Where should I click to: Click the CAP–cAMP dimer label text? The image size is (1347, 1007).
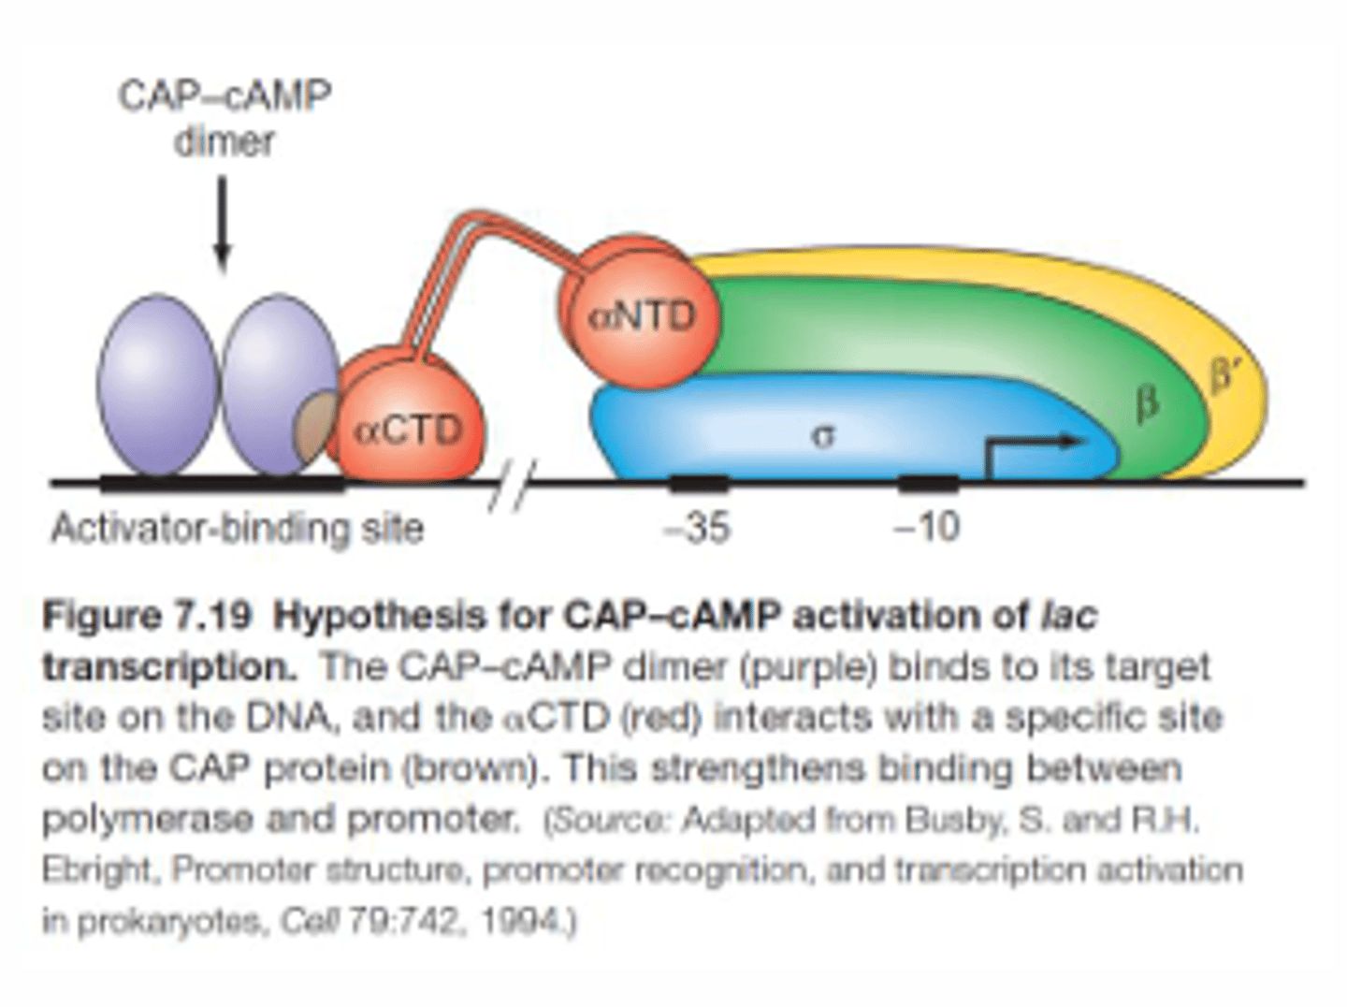pyautogui.click(x=224, y=118)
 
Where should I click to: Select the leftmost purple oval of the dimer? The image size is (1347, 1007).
pyautogui.click(x=158, y=386)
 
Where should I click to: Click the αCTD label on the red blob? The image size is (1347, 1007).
pyautogui.click(x=409, y=431)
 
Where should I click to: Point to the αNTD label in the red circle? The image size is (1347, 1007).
pyautogui.click(x=643, y=315)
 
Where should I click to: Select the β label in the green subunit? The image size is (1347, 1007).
pyautogui.click(x=1147, y=404)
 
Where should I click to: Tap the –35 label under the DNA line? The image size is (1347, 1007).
pyautogui.click(x=697, y=528)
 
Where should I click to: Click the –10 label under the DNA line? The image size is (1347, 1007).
pyautogui.click(x=926, y=528)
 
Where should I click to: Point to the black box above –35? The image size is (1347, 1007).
pyautogui.click(x=699, y=483)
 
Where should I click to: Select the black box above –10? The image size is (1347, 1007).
pyautogui.click(x=928, y=483)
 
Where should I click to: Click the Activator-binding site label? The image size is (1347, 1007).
pyautogui.click(x=237, y=529)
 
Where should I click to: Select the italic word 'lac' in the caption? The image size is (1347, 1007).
pyautogui.click(x=1067, y=617)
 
